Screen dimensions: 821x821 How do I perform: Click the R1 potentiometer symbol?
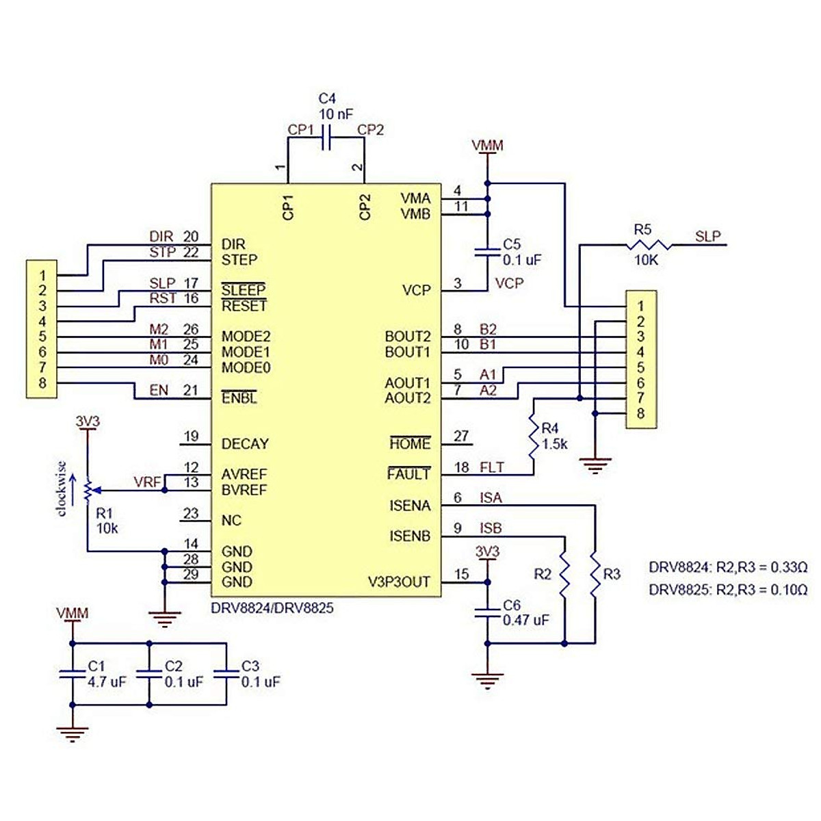click(88, 489)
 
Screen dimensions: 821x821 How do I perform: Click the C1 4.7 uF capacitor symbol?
click(72, 674)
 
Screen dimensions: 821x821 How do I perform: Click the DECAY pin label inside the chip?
click(245, 444)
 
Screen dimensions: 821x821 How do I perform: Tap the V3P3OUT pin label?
click(399, 582)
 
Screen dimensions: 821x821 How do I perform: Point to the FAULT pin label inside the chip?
click(409, 474)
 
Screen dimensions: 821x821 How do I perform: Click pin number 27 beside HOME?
click(462, 436)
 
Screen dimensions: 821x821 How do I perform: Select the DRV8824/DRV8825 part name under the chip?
click(272, 607)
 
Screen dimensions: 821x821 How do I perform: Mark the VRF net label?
click(147, 482)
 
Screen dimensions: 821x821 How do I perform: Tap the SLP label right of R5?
click(707, 236)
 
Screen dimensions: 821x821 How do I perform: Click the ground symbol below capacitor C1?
click(72, 734)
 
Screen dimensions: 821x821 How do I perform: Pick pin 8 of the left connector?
click(42, 383)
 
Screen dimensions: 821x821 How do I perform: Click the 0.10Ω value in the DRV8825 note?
click(789, 589)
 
